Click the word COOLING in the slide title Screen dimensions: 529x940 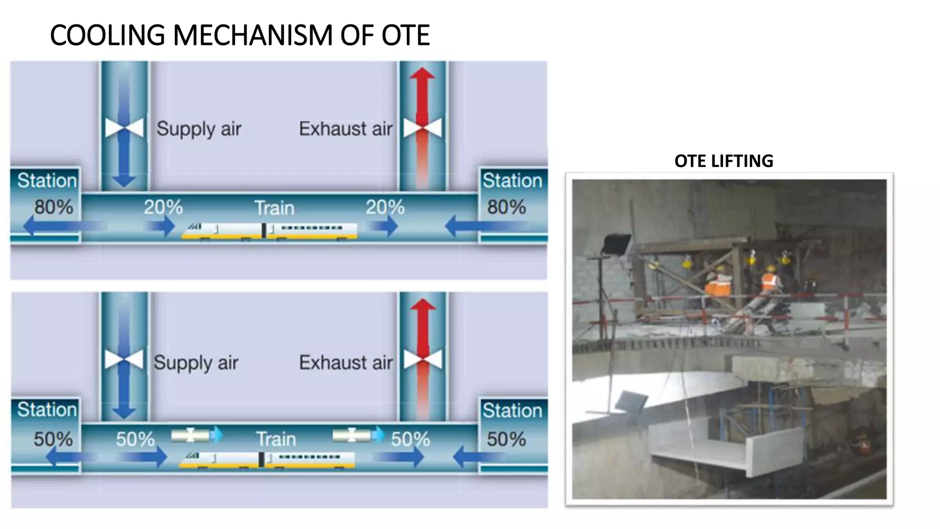point(107,35)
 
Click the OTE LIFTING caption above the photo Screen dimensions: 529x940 point(723,161)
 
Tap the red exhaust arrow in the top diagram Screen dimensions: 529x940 point(422,99)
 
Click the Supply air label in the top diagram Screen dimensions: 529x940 point(198,129)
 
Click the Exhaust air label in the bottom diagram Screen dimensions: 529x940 point(346,363)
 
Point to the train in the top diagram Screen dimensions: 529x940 point(269,230)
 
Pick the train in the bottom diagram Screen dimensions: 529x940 point(267,460)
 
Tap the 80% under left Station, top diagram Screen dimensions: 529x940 point(54,207)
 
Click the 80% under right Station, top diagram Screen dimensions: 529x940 point(506,207)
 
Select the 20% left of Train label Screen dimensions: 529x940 point(163,207)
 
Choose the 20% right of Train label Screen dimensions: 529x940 point(385,207)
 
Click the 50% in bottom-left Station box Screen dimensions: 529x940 point(53,439)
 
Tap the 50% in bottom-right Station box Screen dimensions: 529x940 point(506,439)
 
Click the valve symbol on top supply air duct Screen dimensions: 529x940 point(124,128)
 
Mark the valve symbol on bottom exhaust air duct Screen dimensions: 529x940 point(422,359)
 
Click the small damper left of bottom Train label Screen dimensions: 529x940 point(191,435)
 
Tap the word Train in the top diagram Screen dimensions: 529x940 point(274,208)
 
